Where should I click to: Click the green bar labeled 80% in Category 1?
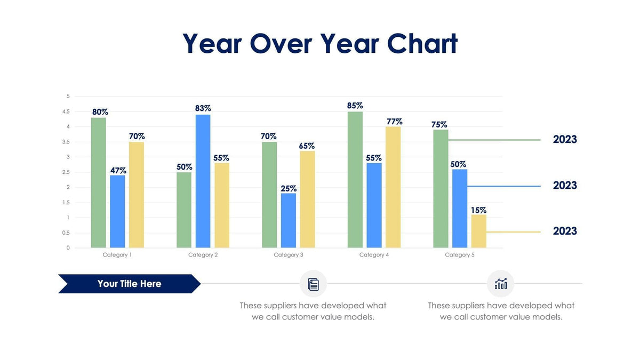click(x=98, y=183)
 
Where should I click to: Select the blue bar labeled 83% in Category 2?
click(x=203, y=181)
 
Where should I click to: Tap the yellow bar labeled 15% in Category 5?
click(x=478, y=231)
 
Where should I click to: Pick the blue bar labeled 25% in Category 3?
click(x=289, y=220)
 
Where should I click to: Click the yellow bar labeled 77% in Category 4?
click(x=393, y=187)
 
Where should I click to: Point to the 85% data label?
click(x=355, y=106)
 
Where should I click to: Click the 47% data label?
click(x=118, y=171)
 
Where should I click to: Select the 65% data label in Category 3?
click(x=307, y=146)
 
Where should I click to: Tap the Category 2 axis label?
click(x=203, y=255)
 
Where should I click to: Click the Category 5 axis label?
click(x=459, y=255)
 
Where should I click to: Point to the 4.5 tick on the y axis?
click(x=66, y=111)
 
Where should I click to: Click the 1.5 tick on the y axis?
click(x=66, y=203)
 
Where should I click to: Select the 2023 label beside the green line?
click(x=565, y=140)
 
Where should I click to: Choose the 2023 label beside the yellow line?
click(x=565, y=231)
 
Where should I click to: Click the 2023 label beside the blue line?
click(x=565, y=186)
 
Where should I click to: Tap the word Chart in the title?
click(x=422, y=44)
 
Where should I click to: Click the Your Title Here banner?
click(x=129, y=284)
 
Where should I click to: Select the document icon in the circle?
click(x=313, y=284)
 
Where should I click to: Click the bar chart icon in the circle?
click(x=500, y=284)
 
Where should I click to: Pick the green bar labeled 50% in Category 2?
click(x=184, y=210)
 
